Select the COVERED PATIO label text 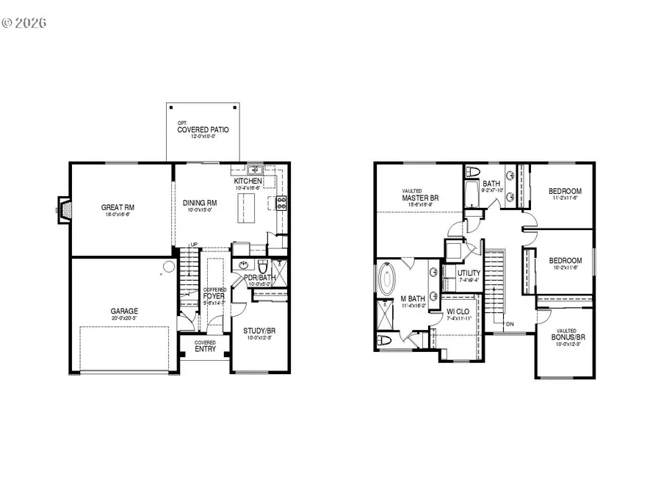(x=203, y=130)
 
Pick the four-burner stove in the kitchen (x=281, y=202)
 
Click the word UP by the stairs (x=194, y=245)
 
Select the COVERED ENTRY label (x=205, y=346)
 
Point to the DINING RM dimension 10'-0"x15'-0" (x=199, y=211)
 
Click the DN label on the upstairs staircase (x=508, y=324)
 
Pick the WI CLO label (x=458, y=311)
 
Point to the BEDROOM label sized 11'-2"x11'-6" (x=566, y=192)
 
